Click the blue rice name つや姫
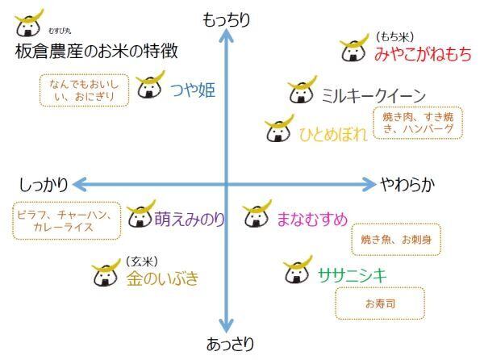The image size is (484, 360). pos(192,90)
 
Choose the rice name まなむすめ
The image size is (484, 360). pos(311,218)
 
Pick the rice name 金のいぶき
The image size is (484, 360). pos(162,279)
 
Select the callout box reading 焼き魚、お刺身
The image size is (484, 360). pos(396,240)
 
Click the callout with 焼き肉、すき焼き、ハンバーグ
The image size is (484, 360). pos(418,123)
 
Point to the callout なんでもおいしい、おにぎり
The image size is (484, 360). pos(84,90)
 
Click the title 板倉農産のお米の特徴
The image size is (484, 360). pos(97,52)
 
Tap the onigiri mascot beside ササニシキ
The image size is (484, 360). pos(298,271)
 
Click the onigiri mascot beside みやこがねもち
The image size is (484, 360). pos(353,49)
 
